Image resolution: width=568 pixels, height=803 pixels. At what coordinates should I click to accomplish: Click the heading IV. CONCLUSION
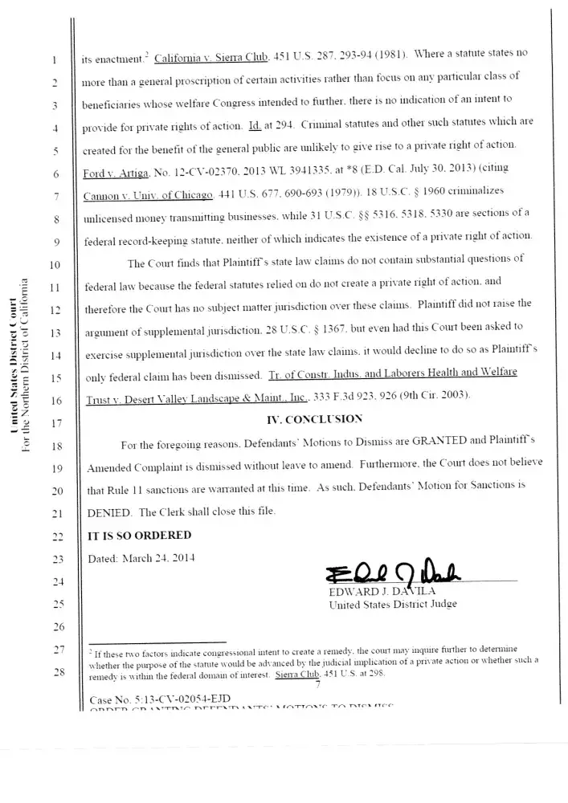click(x=314, y=418)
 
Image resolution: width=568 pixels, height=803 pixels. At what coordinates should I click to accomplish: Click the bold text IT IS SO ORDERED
click(x=139, y=536)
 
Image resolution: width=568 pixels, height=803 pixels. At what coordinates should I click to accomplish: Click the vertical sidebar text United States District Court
click(x=15, y=365)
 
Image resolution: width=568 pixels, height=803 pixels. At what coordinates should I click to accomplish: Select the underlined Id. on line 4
click(x=256, y=127)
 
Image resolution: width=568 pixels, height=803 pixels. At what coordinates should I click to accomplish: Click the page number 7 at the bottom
click(x=318, y=684)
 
